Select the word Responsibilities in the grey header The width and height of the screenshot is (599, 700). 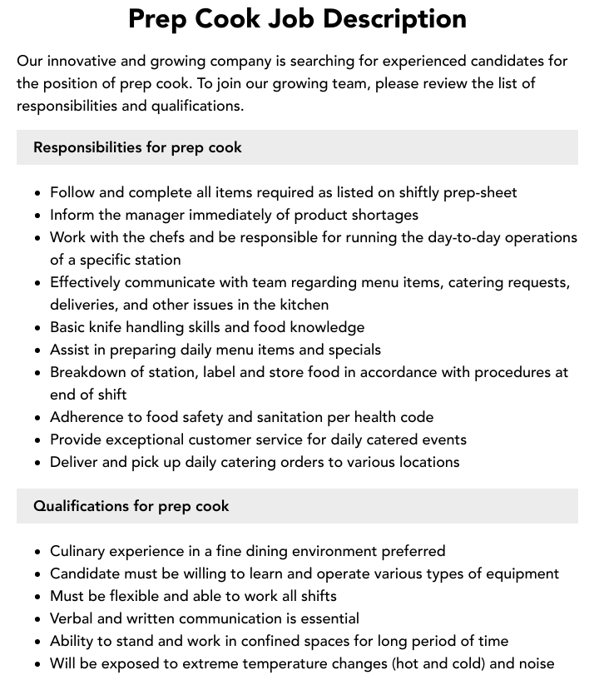pos(87,147)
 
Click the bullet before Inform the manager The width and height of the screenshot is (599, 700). pos(38,216)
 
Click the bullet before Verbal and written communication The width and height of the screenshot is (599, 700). pos(38,619)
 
